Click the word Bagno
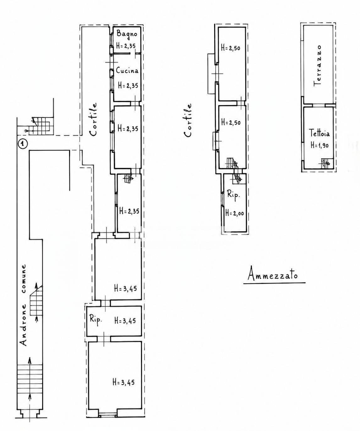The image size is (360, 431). coord(127,33)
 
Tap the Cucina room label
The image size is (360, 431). coord(127,71)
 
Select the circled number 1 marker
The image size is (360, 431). coord(23,144)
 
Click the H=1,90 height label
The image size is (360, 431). coord(319,145)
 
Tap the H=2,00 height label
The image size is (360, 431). coord(235,213)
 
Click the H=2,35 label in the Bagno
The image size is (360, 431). coord(126,46)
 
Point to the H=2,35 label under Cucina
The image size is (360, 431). coord(128,85)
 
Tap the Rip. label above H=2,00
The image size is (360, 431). coord(233,194)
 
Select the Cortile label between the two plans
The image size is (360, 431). coord(188,121)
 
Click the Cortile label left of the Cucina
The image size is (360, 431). coord(93,120)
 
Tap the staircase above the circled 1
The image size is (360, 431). coord(41,126)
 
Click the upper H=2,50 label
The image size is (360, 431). coord(231,48)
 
